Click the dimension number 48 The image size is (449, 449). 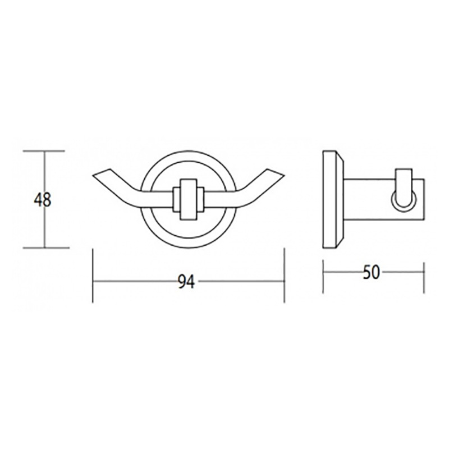[43, 200]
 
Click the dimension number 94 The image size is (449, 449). [186, 281]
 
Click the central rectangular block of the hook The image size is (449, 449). [189, 199]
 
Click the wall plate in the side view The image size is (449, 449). [333, 199]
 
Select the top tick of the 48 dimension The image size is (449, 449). [44, 151]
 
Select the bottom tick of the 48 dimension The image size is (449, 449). [46, 248]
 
